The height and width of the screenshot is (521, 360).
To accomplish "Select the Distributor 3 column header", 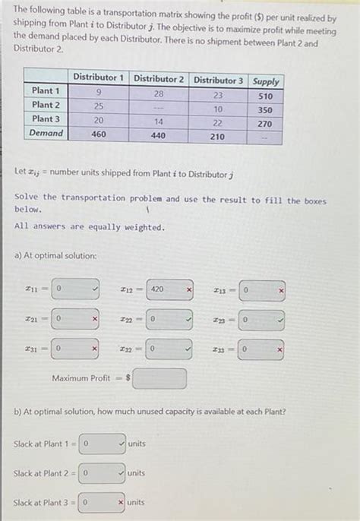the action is (x=218, y=81).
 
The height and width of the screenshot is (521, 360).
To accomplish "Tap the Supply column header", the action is (x=266, y=81).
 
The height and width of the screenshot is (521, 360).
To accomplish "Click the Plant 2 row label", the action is (x=46, y=105).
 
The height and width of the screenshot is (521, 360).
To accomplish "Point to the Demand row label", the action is (x=46, y=133).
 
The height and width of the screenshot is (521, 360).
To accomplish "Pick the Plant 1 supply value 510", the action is (x=266, y=96).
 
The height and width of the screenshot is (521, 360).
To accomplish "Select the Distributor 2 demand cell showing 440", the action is (x=158, y=136).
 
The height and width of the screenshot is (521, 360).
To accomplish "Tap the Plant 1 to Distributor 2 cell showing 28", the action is (x=158, y=93).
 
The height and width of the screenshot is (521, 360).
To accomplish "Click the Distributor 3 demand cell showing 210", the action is (x=217, y=137).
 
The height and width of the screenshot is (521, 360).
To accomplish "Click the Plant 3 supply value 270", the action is (x=265, y=124).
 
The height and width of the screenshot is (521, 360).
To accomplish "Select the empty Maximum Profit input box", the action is (x=160, y=378).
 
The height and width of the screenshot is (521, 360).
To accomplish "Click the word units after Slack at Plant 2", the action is (x=137, y=472).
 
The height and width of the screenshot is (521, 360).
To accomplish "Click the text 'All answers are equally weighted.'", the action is (x=89, y=227).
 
